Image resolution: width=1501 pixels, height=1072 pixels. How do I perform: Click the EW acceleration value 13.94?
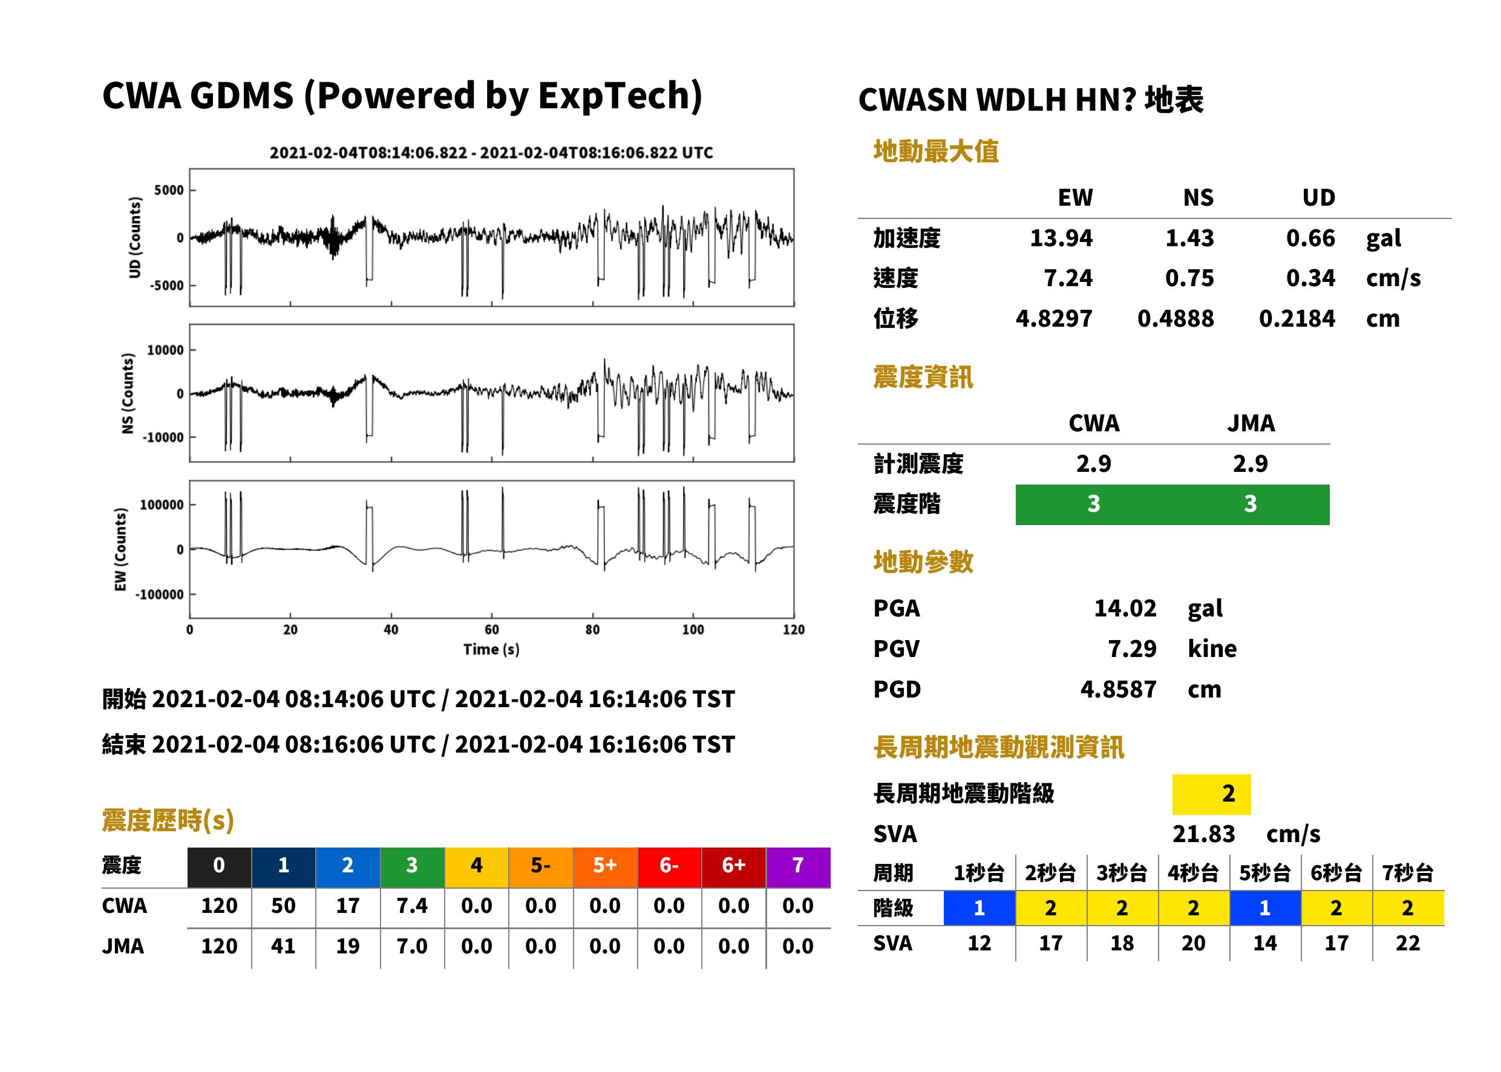click(x=1061, y=238)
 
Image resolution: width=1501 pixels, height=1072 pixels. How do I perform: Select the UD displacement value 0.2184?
click(x=1297, y=319)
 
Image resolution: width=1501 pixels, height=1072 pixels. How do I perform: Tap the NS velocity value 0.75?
click(x=1189, y=278)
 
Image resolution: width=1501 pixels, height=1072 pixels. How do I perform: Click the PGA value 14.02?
click(x=1125, y=609)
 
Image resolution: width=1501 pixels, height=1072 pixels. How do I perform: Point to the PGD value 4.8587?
click(x=1118, y=690)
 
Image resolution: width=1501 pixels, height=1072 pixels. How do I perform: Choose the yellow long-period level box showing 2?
click(x=1211, y=794)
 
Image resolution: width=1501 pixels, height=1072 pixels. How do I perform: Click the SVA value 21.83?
click(x=1203, y=834)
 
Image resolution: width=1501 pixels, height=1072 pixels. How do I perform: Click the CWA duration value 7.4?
click(x=412, y=906)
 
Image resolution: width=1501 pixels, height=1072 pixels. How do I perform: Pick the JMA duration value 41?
click(x=283, y=947)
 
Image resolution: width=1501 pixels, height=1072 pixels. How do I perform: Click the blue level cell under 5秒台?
click(x=1264, y=908)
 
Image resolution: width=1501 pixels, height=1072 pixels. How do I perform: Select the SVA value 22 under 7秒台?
click(x=1407, y=943)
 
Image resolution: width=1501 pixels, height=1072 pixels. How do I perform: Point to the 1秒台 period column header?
click(x=979, y=874)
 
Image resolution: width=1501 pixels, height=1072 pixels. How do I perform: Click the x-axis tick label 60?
click(x=492, y=630)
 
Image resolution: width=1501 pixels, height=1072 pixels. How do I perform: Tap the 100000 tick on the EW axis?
click(x=162, y=505)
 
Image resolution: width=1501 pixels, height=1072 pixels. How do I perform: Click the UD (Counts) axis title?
click(x=135, y=238)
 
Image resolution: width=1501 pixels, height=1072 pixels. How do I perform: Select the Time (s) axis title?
click(x=491, y=650)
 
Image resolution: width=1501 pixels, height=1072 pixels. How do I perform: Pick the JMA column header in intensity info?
click(x=1251, y=423)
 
